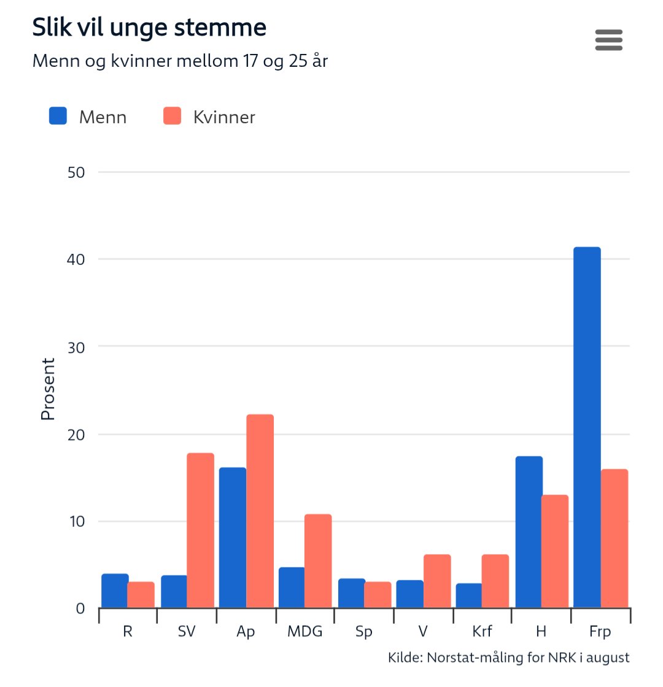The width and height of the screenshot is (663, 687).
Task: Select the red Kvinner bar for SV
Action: tap(200, 531)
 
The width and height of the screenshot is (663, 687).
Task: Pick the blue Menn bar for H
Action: tap(529, 532)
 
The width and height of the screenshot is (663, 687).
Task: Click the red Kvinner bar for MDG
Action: tap(318, 561)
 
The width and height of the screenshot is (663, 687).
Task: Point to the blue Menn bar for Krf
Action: tap(468, 596)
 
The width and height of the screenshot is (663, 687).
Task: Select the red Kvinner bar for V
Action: tap(437, 581)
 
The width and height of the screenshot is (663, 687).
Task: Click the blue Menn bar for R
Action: tap(115, 591)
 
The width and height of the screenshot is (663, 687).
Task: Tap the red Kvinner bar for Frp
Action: tap(614, 539)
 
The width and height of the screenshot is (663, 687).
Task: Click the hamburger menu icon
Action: tap(608, 40)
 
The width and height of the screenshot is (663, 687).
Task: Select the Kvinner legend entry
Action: tap(209, 117)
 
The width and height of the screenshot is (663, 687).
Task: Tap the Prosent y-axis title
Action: tap(48, 389)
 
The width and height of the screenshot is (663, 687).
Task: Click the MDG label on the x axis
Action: tap(304, 632)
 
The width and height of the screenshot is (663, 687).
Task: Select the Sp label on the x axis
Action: tap(363, 632)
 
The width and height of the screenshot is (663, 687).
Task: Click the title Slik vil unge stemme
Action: tap(149, 28)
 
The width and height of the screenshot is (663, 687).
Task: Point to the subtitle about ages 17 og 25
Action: tap(180, 61)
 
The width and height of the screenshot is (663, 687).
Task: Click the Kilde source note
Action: tap(508, 658)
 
